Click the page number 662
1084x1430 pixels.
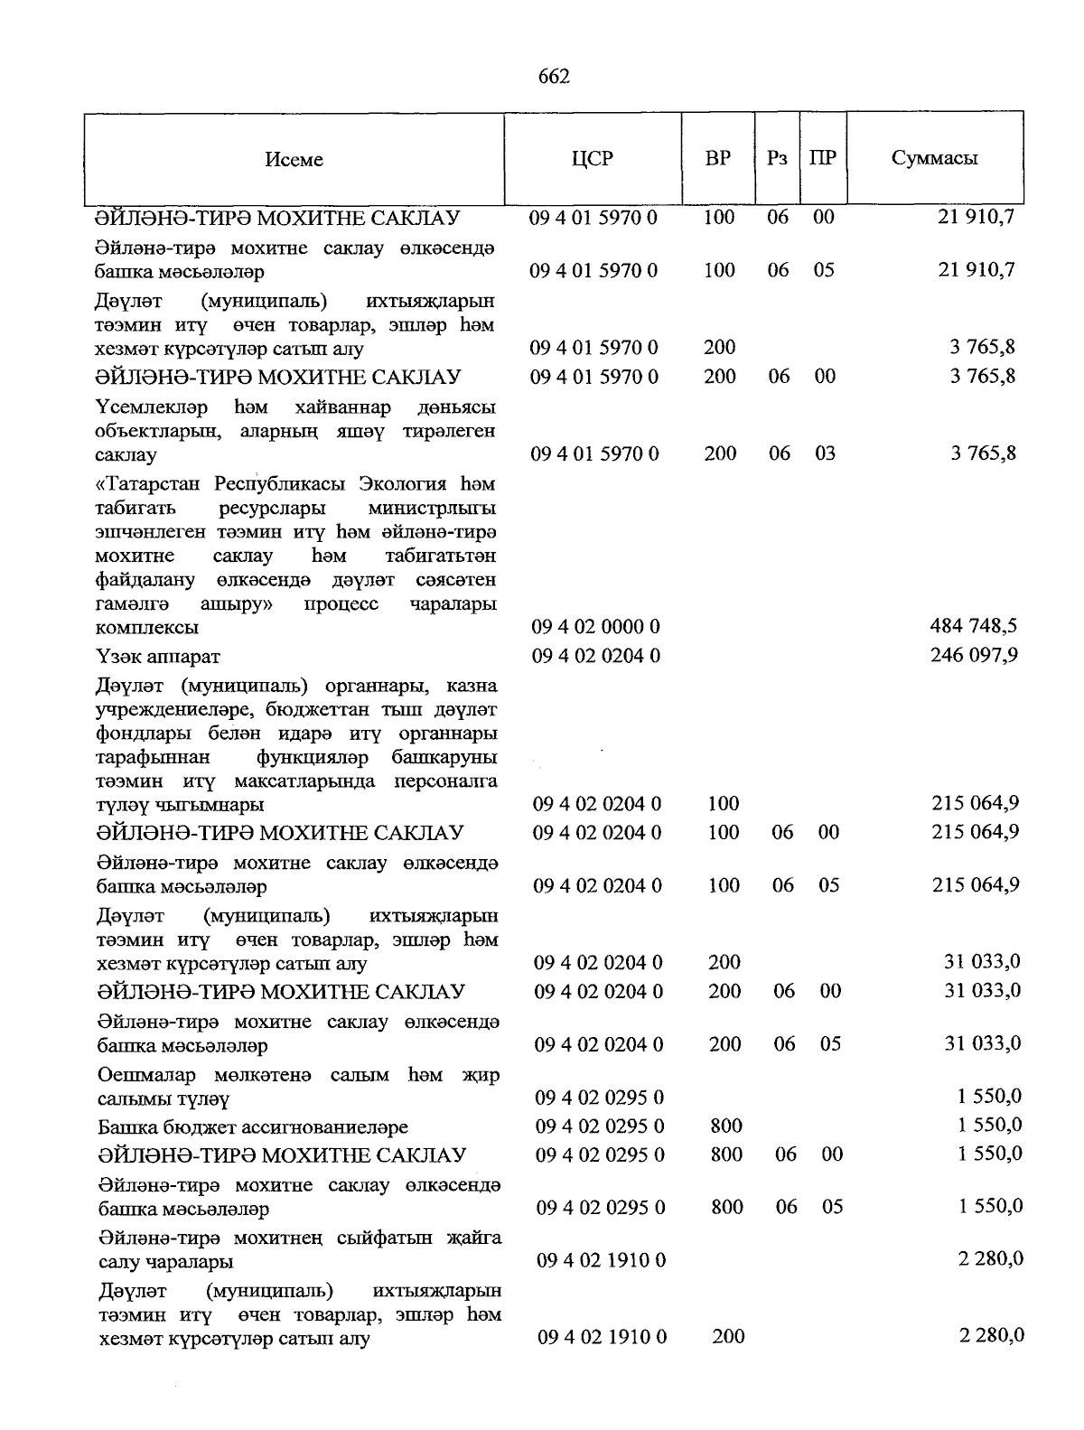click(x=554, y=77)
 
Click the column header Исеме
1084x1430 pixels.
click(x=294, y=160)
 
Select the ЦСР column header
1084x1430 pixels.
click(x=593, y=159)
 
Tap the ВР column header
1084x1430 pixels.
click(x=718, y=159)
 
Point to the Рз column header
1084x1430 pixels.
click(x=777, y=159)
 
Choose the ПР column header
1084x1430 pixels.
click(x=823, y=159)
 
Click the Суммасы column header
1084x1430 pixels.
click(x=935, y=159)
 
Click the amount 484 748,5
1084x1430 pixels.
click(x=974, y=625)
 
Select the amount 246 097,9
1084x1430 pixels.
click(x=974, y=654)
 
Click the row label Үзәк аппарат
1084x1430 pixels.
click(x=158, y=657)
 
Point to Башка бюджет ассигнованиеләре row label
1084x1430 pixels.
click(x=253, y=1127)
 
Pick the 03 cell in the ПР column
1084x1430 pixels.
click(x=825, y=453)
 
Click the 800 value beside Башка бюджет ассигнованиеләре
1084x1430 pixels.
click(x=727, y=1126)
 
